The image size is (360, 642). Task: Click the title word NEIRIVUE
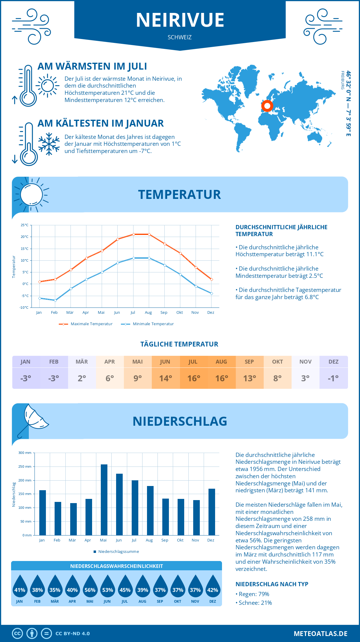coord(180,20)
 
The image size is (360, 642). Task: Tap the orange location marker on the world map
coord(267,106)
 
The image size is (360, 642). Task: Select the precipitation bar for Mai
coord(104,500)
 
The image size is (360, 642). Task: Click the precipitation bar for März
coord(73,519)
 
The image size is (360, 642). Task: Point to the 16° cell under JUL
coord(193,378)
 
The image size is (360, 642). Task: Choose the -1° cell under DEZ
coord(333,378)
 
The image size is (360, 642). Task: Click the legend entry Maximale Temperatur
coord(86,324)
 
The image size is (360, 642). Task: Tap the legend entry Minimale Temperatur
coord(148,324)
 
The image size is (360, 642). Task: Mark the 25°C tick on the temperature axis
coord(25,225)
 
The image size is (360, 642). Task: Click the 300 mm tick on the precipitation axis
coord(25,453)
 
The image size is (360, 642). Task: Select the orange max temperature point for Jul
coord(133,234)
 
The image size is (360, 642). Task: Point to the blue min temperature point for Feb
coord(55,300)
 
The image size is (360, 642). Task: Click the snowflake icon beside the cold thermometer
coord(49,144)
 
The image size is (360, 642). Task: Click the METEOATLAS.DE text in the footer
coord(320,634)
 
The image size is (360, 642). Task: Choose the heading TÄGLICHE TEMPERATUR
coord(179,344)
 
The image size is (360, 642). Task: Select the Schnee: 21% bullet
coord(254,603)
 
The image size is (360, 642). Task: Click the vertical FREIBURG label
coord(342,80)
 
